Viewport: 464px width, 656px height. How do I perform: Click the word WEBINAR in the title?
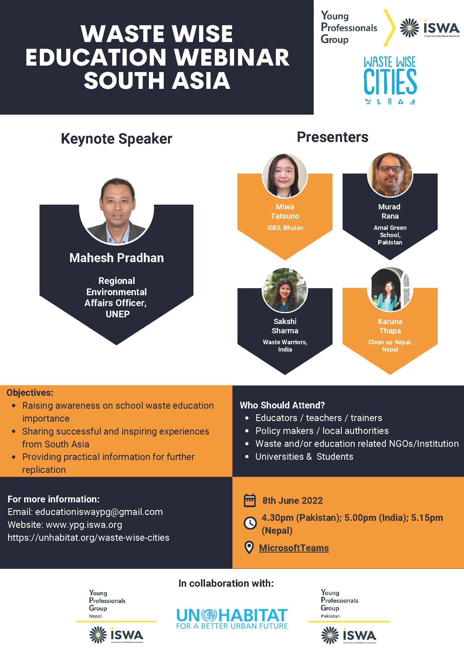[231, 57]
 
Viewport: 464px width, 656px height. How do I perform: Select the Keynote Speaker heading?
[116, 139]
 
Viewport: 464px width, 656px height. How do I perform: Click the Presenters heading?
[333, 137]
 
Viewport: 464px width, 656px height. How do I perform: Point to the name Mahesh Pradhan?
[117, 258]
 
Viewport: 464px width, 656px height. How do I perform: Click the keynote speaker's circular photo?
[117, 211]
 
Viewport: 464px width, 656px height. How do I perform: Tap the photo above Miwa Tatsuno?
[285, 176]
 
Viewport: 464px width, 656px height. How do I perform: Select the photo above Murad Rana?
[390, 175]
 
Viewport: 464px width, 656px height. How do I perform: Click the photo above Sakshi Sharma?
[285, 290]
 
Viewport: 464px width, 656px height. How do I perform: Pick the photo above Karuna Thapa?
[390, 289]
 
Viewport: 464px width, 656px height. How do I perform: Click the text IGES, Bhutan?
[285, 228]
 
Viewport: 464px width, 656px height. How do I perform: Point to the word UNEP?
[118, 314]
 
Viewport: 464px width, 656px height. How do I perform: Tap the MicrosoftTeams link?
[294, 548]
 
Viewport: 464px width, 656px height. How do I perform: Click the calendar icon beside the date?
[250, 500]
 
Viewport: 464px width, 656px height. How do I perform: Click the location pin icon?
[249, 548]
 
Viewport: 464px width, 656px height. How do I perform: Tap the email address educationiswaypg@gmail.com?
[99, 512]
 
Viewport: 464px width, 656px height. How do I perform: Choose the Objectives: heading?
[30, 392]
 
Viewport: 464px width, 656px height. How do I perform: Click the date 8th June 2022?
[293, 501]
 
